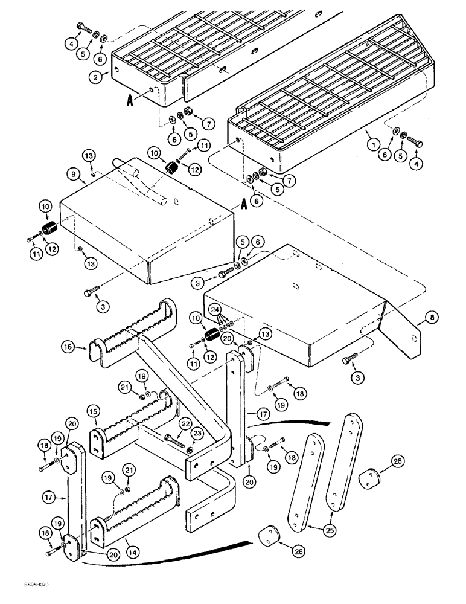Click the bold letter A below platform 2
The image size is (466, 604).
(x=129, y=101)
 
